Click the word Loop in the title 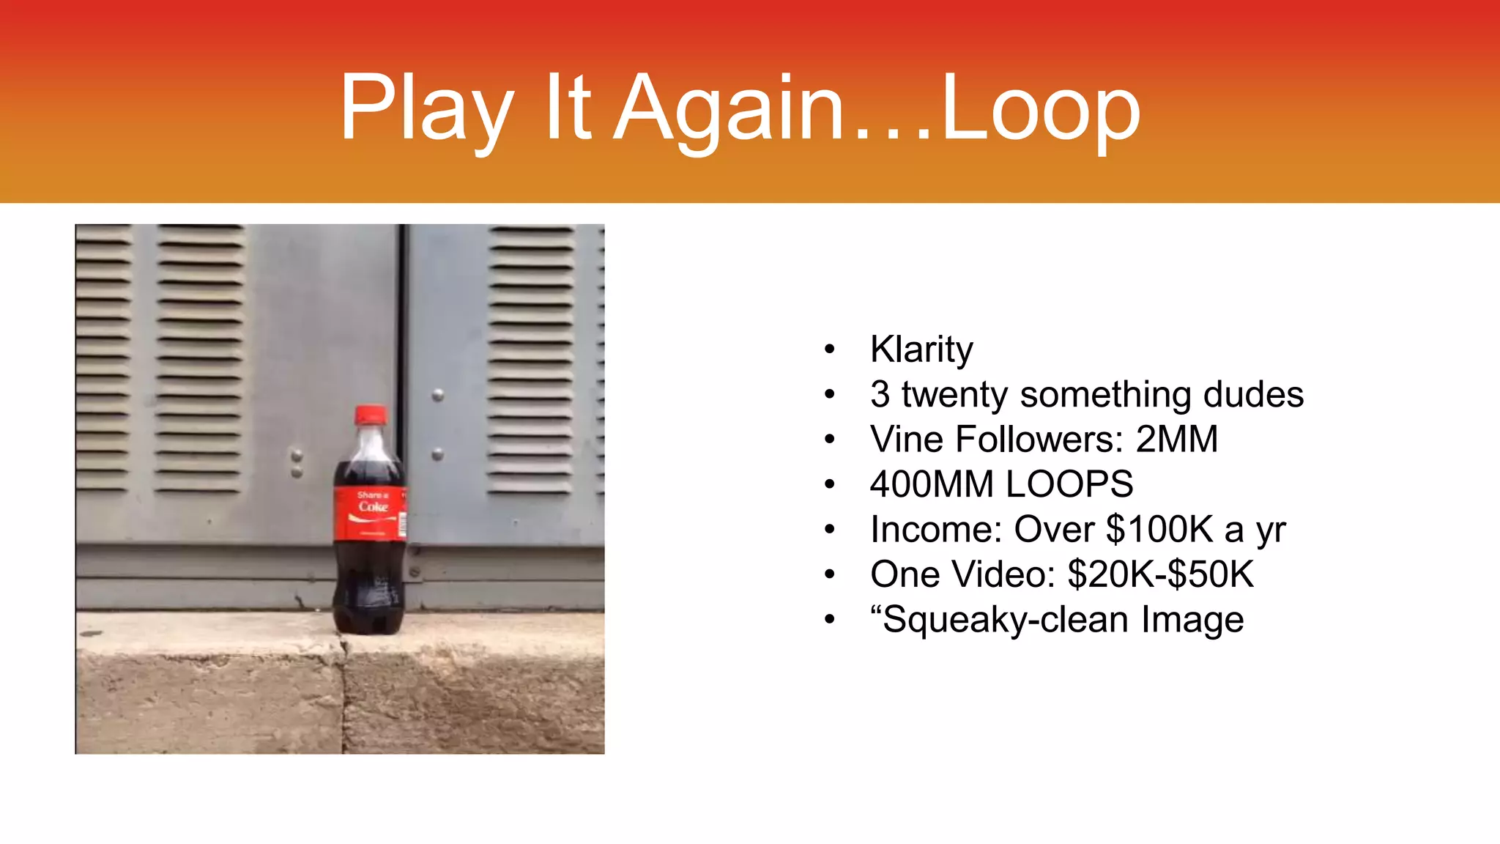pos(1040,108)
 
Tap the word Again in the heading pos(729,108)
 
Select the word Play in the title pos(426,108)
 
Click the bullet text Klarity pos(921,349)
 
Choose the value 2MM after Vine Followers pos(1177,440)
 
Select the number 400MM pos(932,484)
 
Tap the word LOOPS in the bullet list pos(1069,484)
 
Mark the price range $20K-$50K pos(1161,574)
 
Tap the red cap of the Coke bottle pos(370,415)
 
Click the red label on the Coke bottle pos(370,513)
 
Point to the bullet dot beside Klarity pos(829,349)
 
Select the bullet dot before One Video pos(829,575)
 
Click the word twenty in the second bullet pos(955,394)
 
